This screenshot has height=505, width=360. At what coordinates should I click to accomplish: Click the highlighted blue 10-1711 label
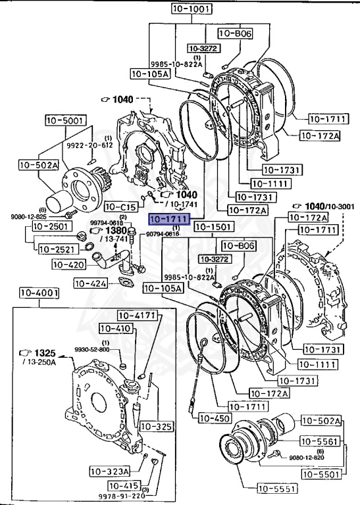click(x=169, y=219)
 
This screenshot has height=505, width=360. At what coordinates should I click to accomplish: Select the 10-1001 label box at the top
click(x=192, y=10)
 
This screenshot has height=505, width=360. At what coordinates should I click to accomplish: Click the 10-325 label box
click(x=156, y=427)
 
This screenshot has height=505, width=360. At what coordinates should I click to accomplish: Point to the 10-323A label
click(x=110, y=471)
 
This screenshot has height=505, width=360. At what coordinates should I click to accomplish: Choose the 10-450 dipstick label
click(x=215, y=418)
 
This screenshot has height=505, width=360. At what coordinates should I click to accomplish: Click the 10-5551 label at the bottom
click(x=276, y=488)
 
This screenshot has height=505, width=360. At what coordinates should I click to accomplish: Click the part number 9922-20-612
click(x=90, y=145)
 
